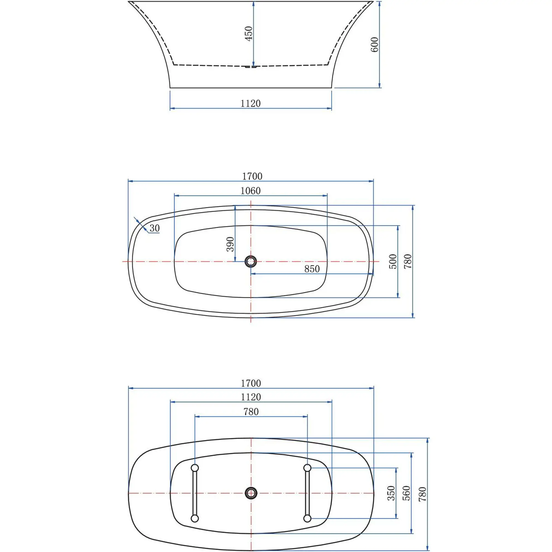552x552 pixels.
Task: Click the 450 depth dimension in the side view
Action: pyautogui.click(x=249, y=33)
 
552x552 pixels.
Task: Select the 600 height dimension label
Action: pyautogui.click(x=374, y=44)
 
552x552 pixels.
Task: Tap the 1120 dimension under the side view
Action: pyautogui.click(x=251, y=103)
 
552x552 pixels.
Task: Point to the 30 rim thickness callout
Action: pyautogui.click(x=155, y=228)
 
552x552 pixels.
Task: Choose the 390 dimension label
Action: pyautogui.click(x=230, y=244)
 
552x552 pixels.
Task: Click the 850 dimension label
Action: pyautogui.click(x=312, y=269)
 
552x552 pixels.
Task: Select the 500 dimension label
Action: pyautogui.click(x=393, y=261)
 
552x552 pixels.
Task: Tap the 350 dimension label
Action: pyautogui.click(x=391, y=493)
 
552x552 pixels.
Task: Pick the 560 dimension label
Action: pyautogui.click(x=406, y=493)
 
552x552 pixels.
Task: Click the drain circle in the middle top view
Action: pyautogui.click(x=251, y=261)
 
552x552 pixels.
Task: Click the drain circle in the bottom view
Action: pyautogui.click(x=251, y=493)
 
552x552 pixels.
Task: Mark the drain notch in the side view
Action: pyautogui.click(x=251, y=67)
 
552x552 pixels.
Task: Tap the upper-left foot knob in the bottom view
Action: pyautogui.click(x=195, y=468)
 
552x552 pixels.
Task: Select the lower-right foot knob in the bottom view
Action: pyautogui.click(x=307, y=518)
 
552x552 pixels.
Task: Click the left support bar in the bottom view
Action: pyautogui.click(x=195, y=493)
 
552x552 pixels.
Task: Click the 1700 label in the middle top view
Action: pyautogui.click(x=252, y=176)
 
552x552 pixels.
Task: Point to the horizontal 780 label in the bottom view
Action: pyautogui.click(x=251, y=412)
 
